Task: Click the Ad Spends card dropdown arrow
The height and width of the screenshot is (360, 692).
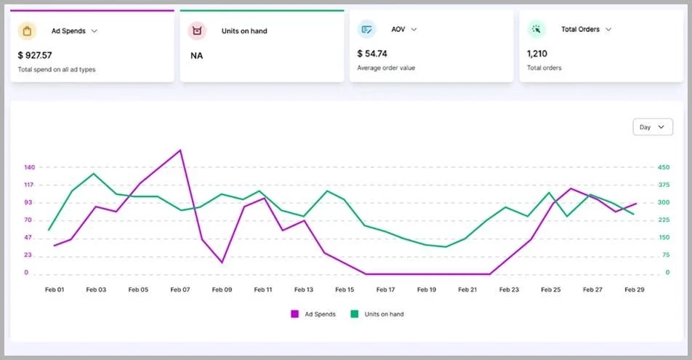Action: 94,31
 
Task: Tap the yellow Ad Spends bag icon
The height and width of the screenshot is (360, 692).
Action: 28,31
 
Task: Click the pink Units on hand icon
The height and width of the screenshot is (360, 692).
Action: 197,31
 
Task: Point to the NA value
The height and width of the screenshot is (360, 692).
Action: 196,55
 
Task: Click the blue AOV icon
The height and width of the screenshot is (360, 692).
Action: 366,30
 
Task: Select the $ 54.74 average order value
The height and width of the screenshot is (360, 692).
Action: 372,54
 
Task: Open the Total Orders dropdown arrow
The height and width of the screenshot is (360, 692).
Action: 608,30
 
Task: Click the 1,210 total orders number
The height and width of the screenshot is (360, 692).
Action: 537,54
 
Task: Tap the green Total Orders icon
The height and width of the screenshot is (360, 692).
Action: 536,30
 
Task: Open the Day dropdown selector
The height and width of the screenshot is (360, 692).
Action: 652,127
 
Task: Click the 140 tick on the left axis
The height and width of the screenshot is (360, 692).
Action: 30,167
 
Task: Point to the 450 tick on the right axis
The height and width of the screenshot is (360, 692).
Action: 663,167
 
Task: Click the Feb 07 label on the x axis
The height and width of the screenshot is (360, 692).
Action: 180,289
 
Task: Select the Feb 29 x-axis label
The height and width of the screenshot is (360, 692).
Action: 634,289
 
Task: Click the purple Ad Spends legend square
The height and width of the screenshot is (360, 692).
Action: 295,314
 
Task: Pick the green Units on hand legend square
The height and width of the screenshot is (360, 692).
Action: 355,314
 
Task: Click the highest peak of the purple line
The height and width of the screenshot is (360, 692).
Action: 180,151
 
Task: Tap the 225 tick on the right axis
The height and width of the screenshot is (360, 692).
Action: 663,220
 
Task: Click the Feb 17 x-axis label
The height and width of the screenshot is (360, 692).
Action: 386,289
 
